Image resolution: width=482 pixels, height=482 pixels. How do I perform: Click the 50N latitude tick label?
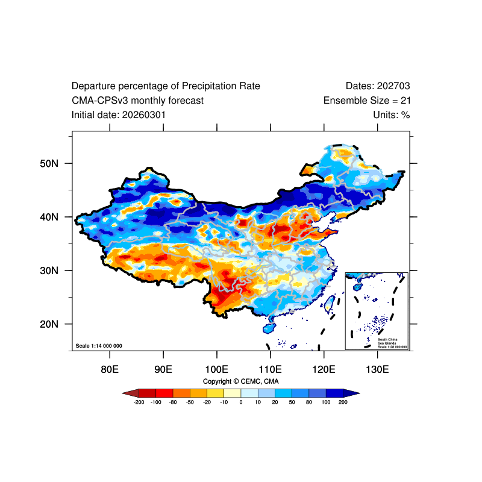[x=49, y=163]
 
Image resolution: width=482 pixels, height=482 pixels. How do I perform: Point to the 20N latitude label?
[x=49, y=324]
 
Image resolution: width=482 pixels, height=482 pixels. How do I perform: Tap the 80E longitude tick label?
[x=110, y=369]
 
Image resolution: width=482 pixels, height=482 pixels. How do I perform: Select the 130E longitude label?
[x=378, y=369]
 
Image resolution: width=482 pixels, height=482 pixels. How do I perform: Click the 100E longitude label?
[x=217, y=369]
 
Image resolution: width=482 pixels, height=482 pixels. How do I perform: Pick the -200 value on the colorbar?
[x=139, y=402]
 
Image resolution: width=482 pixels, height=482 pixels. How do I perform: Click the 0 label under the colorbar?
[x=241, y=402]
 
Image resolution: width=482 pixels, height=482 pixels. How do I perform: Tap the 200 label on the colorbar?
[x=343, y=402]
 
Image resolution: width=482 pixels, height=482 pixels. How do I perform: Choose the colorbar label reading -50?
[x=190, y=402]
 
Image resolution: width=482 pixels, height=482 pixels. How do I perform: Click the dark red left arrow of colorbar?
[x=131, y=393]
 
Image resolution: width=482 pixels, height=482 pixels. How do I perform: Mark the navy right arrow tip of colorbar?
[x=360, y=393]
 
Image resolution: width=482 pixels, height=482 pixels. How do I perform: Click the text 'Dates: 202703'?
[x=378, y=86]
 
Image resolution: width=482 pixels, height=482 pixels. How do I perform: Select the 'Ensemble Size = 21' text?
[x=367, y=101]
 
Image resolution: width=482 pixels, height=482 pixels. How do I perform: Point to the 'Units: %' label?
[x=392, y=115]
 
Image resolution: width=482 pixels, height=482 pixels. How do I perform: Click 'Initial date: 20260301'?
[x=119, y=115]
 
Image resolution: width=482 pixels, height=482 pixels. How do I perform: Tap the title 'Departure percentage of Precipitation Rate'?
[x=166, y=86]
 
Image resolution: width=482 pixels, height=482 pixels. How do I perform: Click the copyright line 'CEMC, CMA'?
[x=260, y=381]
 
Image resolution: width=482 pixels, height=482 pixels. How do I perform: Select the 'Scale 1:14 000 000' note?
[x=99, y=346]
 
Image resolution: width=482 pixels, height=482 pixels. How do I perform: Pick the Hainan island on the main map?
[x=269, y=328]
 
